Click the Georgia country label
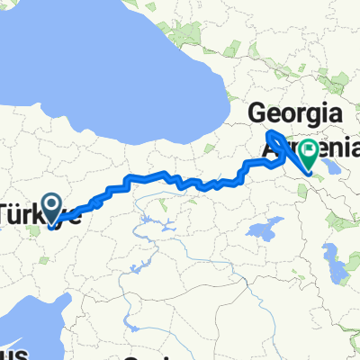point(296,115)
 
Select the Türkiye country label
point(36,215)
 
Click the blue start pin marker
point(52,210)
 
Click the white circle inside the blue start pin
point(52,205)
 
